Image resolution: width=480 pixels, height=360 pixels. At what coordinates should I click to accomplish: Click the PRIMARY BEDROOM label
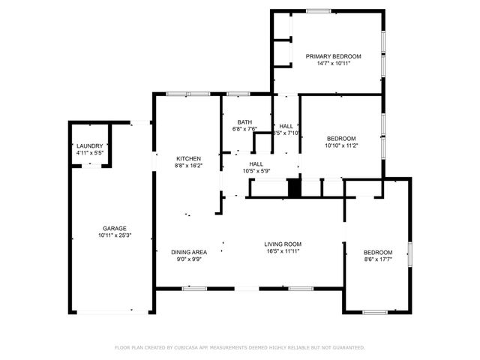click(333, 56)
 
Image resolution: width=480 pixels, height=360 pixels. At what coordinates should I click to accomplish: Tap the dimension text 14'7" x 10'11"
click(333, 64)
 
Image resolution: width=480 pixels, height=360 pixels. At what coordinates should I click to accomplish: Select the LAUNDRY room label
click(90, 145)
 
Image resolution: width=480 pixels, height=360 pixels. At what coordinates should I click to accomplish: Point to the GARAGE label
click(115, 228)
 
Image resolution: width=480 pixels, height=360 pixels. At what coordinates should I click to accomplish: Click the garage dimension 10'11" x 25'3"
click(115, 235)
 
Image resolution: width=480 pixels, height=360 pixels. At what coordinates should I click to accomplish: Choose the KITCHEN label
click(188, 158)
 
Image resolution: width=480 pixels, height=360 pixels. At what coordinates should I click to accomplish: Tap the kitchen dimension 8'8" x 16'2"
click(188, 166)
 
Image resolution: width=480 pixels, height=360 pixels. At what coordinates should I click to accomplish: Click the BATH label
click(244, 122)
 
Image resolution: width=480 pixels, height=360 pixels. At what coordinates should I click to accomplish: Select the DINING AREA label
click(189, 252)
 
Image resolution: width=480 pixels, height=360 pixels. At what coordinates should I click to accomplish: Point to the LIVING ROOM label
click(283, 244)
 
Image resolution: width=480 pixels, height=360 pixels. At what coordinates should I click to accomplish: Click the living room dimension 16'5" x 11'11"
click(283, 251)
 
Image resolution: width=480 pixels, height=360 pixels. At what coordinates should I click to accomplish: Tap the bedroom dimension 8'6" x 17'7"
click(378, 260)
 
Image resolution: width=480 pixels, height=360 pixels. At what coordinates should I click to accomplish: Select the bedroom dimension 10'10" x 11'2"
click(341, 145)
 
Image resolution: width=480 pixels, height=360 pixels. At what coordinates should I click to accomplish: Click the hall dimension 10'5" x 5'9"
click(256, 171)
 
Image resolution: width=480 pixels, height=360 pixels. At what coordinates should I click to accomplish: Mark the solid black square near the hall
click(295, 187)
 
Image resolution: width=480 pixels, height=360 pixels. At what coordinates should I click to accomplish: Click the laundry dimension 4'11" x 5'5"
click(90, 153)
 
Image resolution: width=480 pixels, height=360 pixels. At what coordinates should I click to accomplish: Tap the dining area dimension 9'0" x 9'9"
click(189, 260)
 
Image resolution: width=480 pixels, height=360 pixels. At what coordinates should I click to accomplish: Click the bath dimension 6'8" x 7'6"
click(244, 129)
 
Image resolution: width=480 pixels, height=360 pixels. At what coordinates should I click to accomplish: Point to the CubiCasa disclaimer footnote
click(240, 347)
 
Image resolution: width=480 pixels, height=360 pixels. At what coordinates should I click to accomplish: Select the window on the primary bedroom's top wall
click(318, 10)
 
